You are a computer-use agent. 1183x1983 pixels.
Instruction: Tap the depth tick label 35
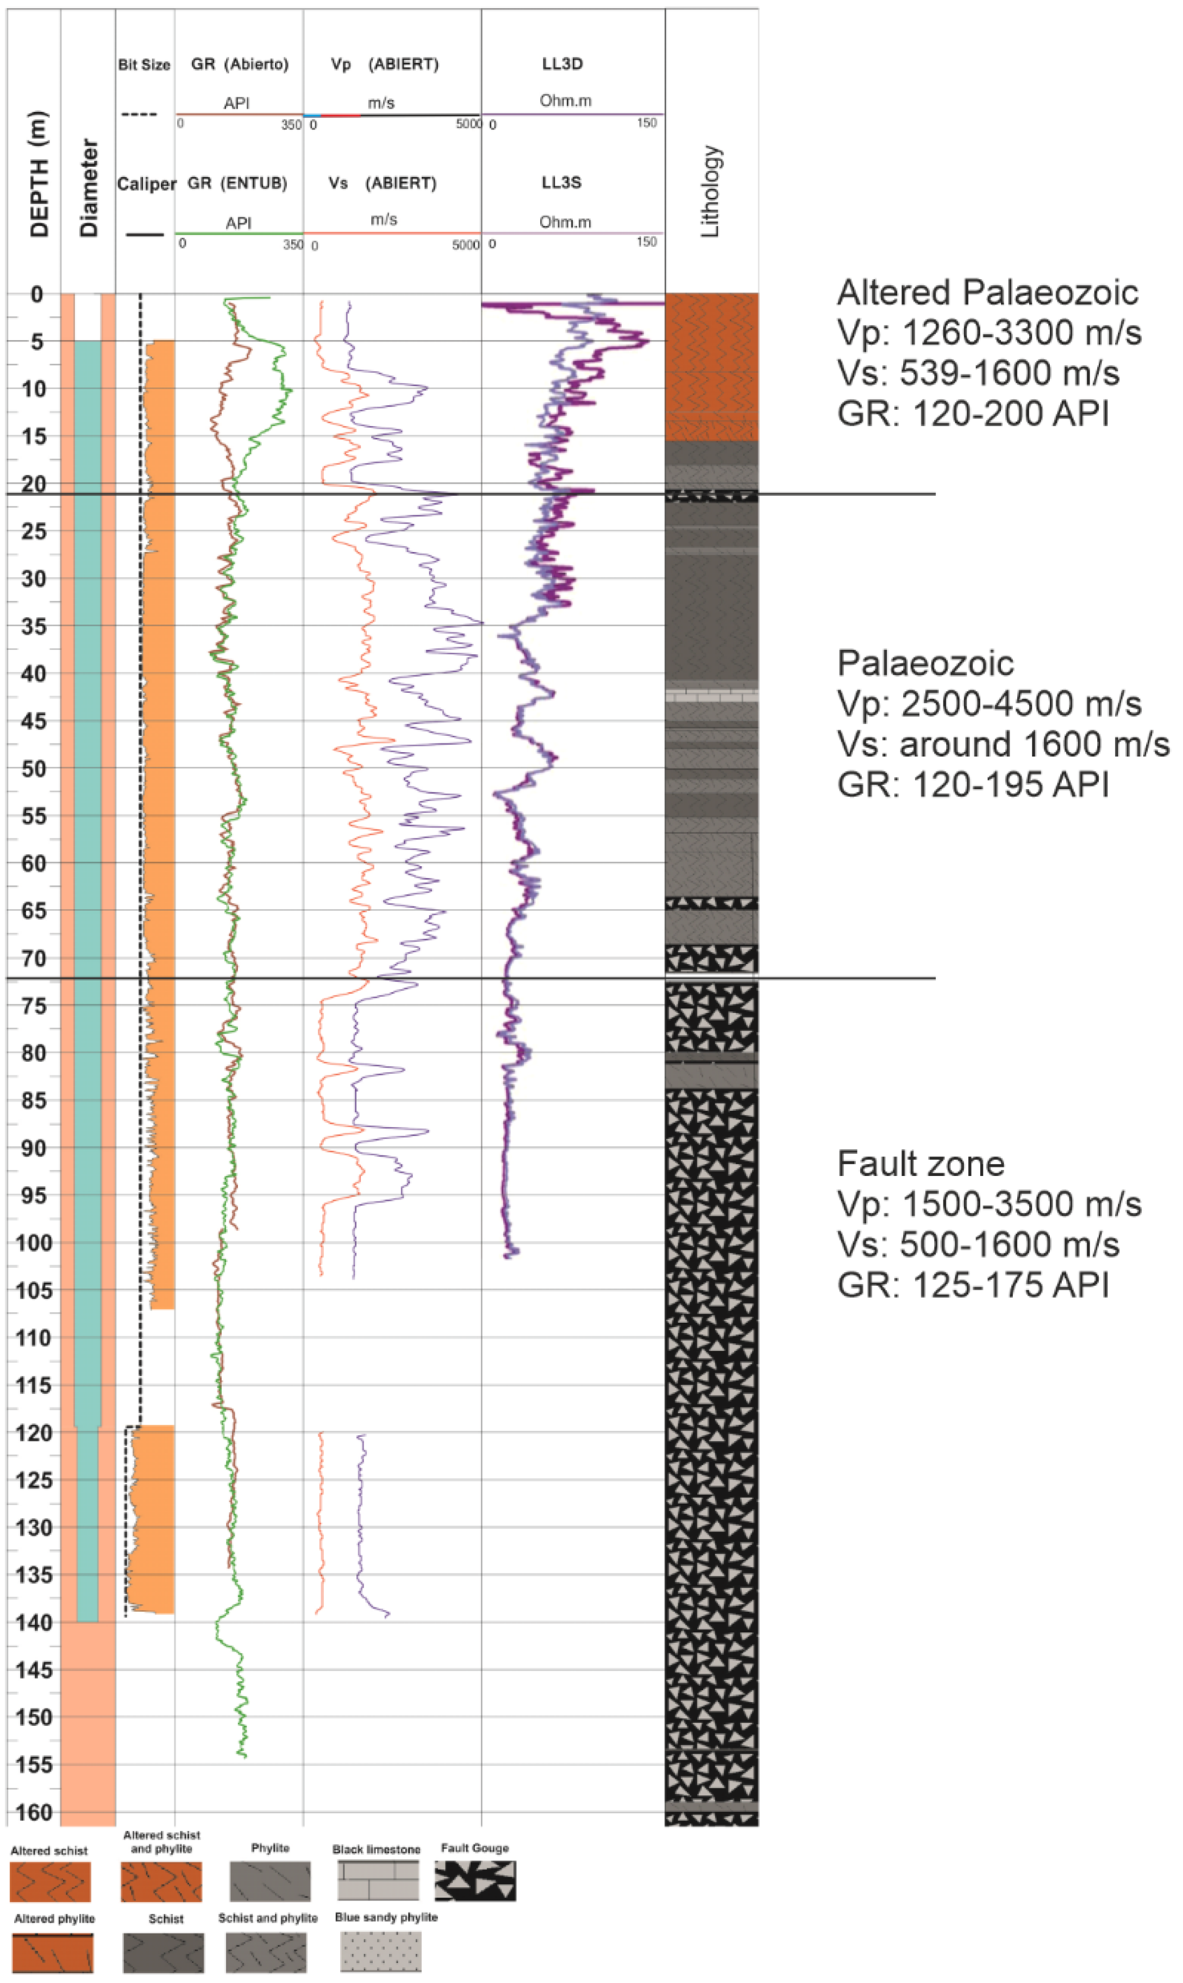pyautogui.click(x=34, y=627)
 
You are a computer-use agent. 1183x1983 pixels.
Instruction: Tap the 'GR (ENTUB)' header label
pyautogui.click(x=237, y=183)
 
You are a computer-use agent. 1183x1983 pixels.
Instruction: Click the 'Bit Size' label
pyautogui.click(x=145, y=65)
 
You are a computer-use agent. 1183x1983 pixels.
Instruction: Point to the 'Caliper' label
pyautogui.click(x=146, y=184)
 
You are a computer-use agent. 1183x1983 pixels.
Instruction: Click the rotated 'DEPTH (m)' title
pyautogui.click(x=38, y=174)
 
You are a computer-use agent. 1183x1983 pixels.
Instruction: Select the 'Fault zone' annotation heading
pyautogui.click(x=920, y=1165)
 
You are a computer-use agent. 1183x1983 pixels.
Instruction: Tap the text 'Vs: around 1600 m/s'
pyautogui.click(x=1003, y=745)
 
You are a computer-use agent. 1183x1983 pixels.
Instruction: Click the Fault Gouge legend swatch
pyautogui.click(x=475, y=1880)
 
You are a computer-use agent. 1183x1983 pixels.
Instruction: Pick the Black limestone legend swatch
pyautogui.click(x=378, y=1880)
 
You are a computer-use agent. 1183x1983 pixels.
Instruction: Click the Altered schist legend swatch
pyautogui.click(x=49, y=1882)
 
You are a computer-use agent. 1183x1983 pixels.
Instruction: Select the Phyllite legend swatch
pyautogui.click(x=270, y=1881)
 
